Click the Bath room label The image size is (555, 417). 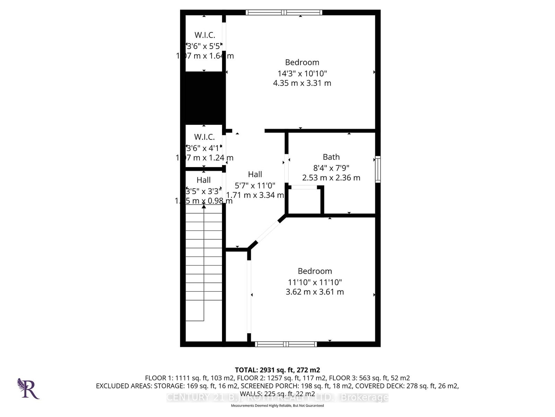pos(331,157)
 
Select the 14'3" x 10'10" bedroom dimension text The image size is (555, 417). pos(302,74)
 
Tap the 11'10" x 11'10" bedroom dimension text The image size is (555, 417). pos(315,282)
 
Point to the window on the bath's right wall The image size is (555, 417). pos(378,170)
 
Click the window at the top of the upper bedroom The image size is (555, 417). pos(284,13)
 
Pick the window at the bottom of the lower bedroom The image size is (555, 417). pos(286,344)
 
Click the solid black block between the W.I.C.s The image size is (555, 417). pos(204,98)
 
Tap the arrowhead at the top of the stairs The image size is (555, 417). pos(204,206)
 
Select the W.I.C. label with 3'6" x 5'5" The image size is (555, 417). pos(205,35)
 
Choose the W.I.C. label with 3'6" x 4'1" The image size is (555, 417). pos(204,137)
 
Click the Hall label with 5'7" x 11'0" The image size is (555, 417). pos(255,174)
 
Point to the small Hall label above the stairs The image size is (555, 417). pos(204,180)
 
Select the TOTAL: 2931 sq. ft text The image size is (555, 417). pos(277,370)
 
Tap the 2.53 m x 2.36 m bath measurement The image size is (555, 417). pos(331,178)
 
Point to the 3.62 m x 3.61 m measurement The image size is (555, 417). pos(315,292)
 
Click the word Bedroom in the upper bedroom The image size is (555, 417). pos(302,63)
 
